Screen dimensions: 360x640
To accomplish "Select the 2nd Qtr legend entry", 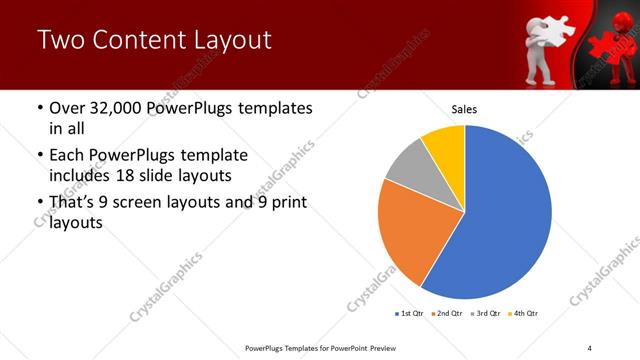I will point(448,314).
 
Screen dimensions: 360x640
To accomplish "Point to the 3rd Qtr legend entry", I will point(487,314).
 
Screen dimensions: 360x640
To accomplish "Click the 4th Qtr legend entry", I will point(524,314).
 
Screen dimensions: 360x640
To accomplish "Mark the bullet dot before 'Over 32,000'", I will point(39,108).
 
